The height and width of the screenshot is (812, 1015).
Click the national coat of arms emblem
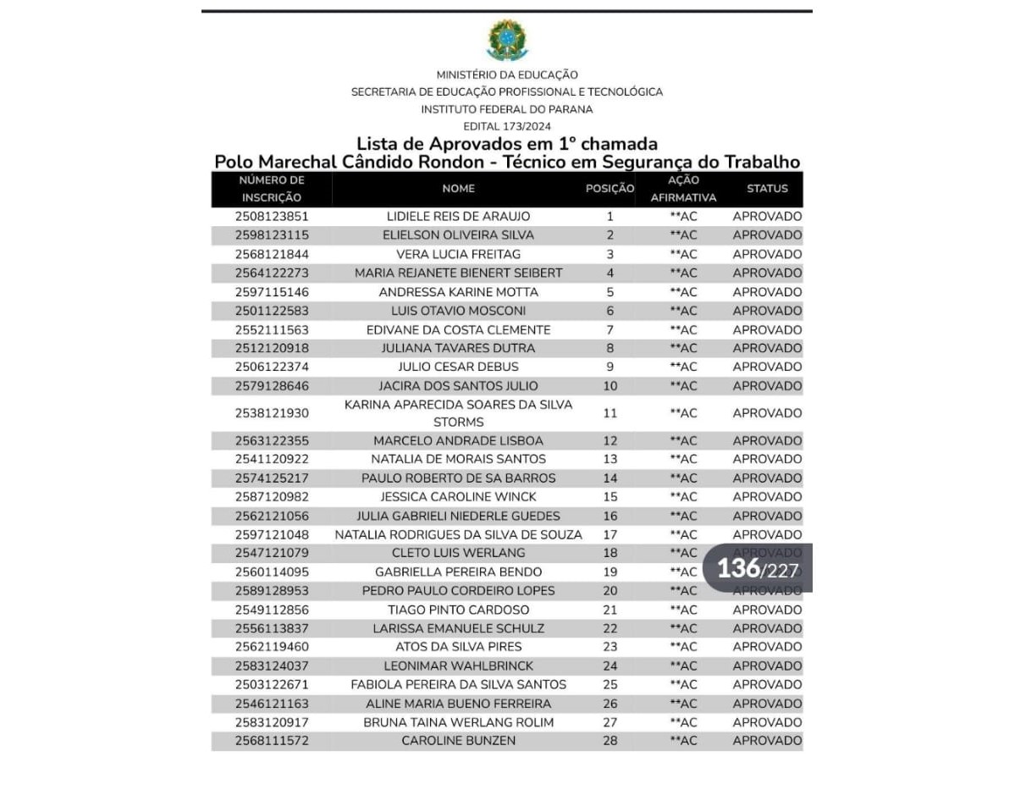point(507,40)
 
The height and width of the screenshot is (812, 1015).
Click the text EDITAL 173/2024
point(507,127)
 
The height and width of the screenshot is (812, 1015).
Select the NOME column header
point(458,189)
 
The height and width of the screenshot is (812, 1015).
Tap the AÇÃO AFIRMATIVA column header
point(683,189)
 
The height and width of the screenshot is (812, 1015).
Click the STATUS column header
point(767,189)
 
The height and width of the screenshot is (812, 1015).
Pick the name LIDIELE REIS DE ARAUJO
point(458,217)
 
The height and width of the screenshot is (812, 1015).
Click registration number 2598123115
point(272,235)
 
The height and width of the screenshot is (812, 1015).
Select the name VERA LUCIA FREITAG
point(458,254)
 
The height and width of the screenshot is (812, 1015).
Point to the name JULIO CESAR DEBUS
point(458,367)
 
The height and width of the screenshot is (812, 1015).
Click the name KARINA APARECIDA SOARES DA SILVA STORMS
point(458,413)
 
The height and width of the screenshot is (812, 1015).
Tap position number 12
point(610,441)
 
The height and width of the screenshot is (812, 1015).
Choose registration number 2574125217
point(272,478)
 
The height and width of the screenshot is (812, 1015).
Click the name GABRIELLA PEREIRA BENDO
point(458,572)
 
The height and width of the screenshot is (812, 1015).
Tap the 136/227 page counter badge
point(758,568)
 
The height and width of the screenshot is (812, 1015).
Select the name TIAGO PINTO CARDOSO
point(458,610)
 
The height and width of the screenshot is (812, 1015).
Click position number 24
point(610,666)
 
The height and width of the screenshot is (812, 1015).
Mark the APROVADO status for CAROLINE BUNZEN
point(767,741)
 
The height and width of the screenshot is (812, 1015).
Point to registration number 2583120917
point(272,722)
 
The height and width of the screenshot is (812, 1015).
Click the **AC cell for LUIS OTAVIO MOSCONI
point(683,311)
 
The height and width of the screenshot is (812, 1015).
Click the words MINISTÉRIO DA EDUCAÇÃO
point(507,75)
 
